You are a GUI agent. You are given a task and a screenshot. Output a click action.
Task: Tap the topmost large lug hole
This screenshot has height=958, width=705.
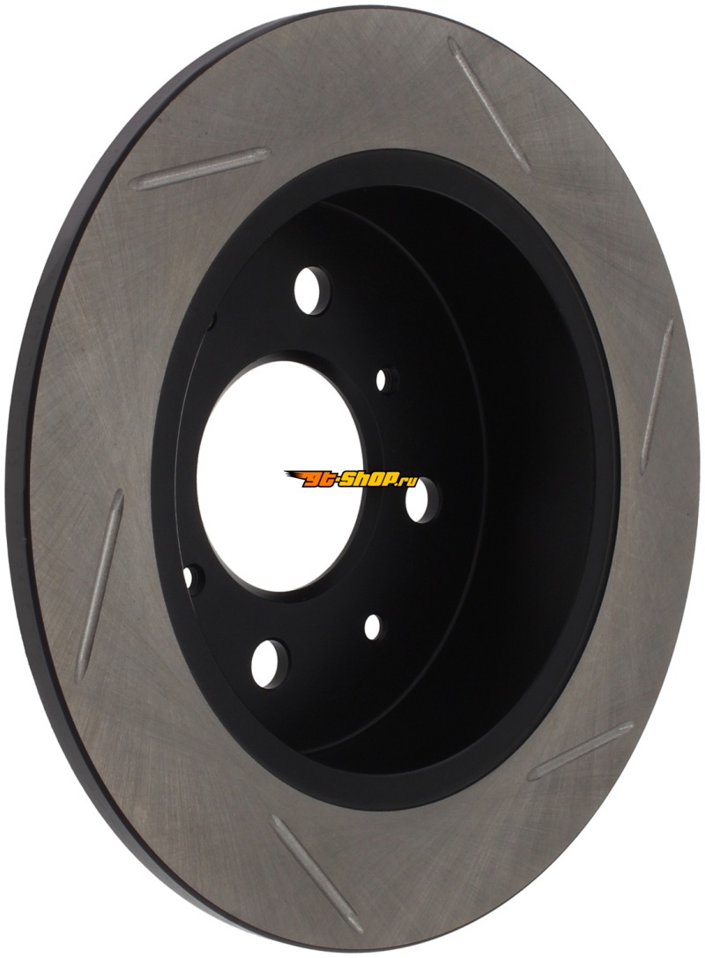pos(311,290)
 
